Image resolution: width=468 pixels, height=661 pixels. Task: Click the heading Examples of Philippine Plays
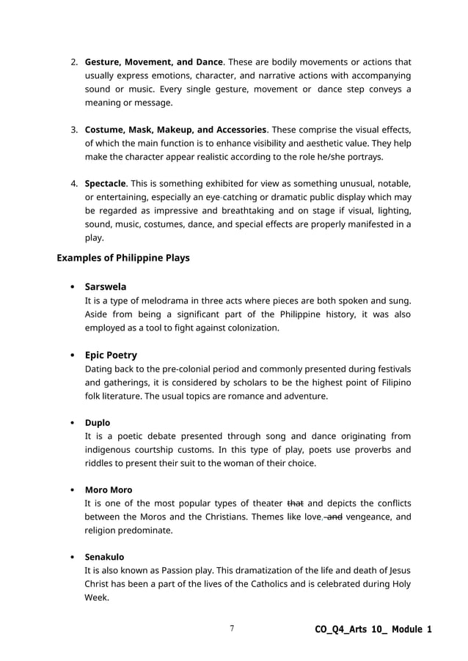(x=123, y=258)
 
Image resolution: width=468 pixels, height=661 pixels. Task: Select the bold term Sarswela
(x=105, y=287)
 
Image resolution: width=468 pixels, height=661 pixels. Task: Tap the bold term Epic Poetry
(x=111, y=355)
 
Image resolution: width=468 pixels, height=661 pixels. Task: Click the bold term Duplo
(x=98, y=423)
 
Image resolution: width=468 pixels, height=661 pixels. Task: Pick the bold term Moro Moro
(x=109, y=490)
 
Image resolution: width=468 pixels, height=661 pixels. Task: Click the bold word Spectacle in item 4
(x=106, y=182)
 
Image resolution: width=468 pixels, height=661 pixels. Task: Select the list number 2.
(x=74, y=62)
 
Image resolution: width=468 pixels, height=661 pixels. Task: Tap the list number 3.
(x=74, y=130)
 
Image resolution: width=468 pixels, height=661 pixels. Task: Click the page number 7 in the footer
(x=232, y=629)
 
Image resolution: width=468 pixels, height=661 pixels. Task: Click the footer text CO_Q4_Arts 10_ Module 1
(x=373, y=629)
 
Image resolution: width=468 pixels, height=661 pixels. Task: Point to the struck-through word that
(x=295, y=503)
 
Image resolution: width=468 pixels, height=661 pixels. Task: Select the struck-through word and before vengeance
(x=334, y=517)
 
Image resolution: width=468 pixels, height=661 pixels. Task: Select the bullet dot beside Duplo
(x=71, y=424)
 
